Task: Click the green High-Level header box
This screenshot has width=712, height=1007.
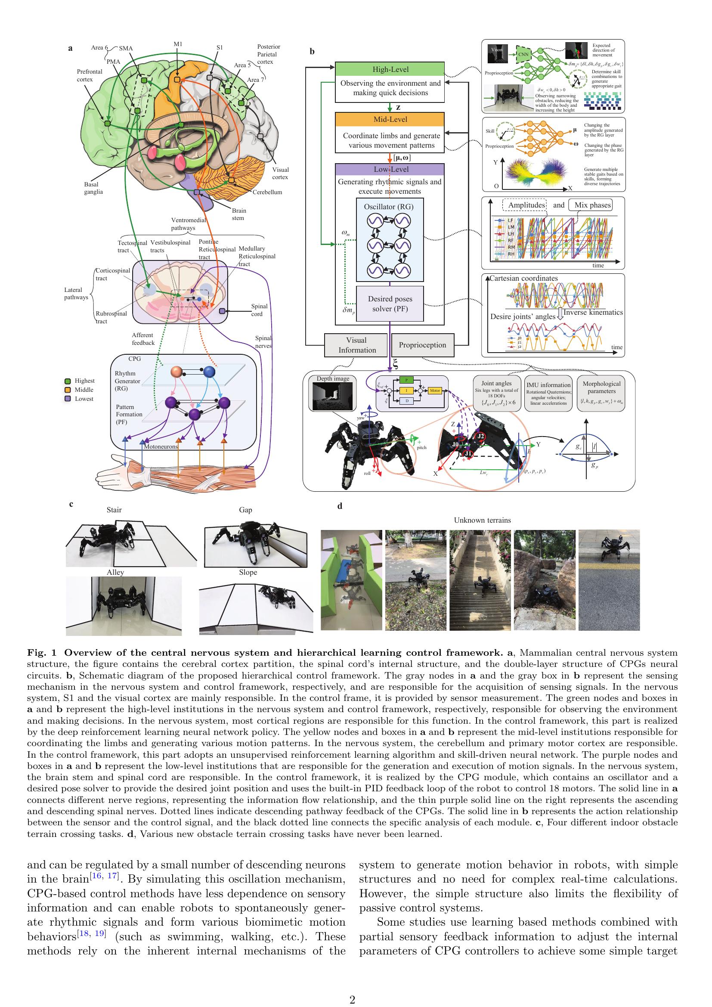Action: pos(390,69)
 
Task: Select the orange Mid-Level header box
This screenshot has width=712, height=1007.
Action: pos(390,119)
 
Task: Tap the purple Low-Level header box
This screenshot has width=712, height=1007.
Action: pos(390,169)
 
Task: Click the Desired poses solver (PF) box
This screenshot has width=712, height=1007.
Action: pos(390,304)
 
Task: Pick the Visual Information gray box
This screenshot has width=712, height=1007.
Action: pos(356,345)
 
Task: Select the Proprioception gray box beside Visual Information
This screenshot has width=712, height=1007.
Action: pos(422,345)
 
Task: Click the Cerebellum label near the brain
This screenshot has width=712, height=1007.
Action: pos(267,192)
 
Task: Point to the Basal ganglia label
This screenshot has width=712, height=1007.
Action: pos(93,188)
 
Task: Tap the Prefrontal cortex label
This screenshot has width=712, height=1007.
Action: pos(90,75)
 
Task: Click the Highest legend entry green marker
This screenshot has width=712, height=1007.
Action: pos(68,381)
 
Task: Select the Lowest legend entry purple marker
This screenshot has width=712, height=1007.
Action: pos(68,399)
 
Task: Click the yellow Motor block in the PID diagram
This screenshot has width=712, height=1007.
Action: pos(434,390)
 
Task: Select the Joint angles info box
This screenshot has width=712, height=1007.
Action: pos(496,393)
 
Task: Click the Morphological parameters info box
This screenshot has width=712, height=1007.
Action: pos(601,393)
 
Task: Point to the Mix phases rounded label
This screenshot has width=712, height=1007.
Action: pos(592,205)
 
